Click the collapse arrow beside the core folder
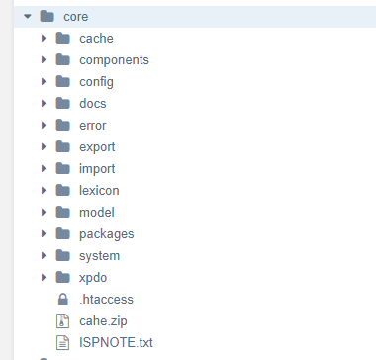click(x=28, y=16)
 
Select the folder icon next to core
click(x=47, y=16)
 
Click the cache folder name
click(x=96, y=39)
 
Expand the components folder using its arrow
click(x=44, y=59)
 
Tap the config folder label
click(x=96, y=82)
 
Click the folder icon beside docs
click(x=62, y=103)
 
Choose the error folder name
click(x=93, y=126)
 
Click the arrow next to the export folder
click(x=44, y=146)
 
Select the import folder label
click(x=97, y=169)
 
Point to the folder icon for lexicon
click(x=62, y=190)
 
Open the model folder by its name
click(x=97, y=212)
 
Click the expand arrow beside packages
click(x=44, y=233)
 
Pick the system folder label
click(x=99, y=256)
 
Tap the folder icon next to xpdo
click(x=62, y=277)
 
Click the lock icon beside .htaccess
click(x=62, y=299)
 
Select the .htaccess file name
click(x=106, y=300)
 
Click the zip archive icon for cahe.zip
click(x=62, y=320)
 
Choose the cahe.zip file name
click(x=103, y=321)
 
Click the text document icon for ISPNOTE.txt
click(x=62, y=342)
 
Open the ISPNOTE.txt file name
click(x=116, y=343)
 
